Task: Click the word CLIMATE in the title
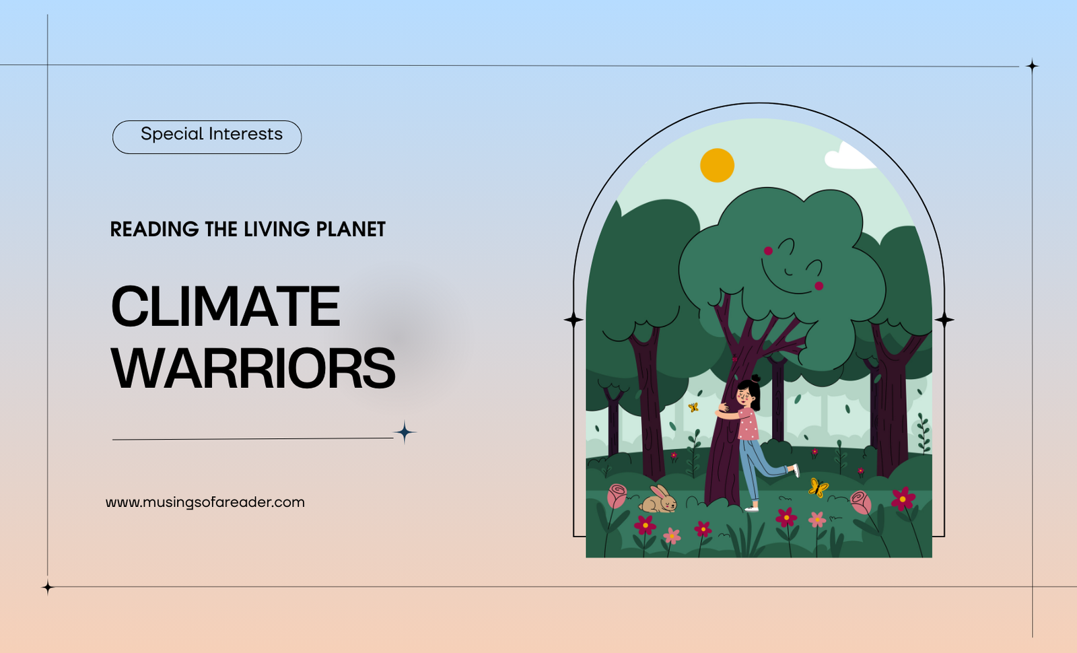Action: (x=225, y=306)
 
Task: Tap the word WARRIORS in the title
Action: (x=253, y=368)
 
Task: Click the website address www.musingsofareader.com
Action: (x=205, y=502)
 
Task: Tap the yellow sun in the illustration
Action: (x=717, y=166)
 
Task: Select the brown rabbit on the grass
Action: (x=658, y=500)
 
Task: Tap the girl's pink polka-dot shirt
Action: (x=748, y=423)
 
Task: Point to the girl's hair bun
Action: (x=756, y=378)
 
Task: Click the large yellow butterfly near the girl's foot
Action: (x=819, y=487)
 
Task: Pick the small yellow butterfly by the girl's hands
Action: (x=693, y=407)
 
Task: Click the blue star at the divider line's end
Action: (x=405, y=432)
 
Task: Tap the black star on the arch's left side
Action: (x=574, y=319)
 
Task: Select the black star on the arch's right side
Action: (x=944, y=319)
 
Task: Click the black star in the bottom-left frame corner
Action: (x=48, y=587)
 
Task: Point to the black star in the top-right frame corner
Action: (x=1033, y=65)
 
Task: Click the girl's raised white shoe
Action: (x=795, y=471)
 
